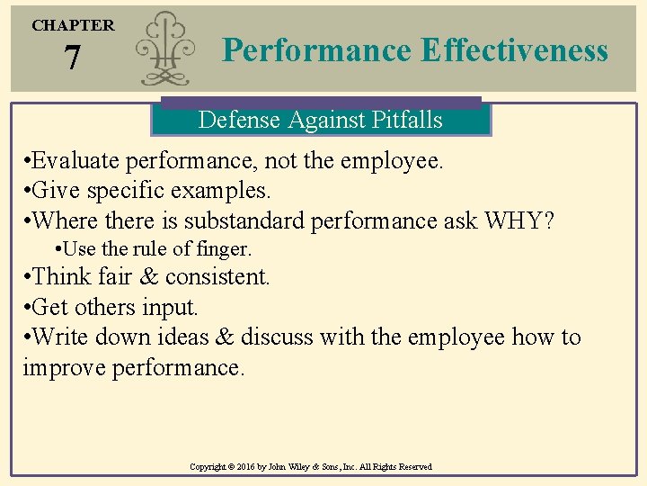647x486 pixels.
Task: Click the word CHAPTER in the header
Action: coord(74,25)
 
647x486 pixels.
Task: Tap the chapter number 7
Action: coord(72,59)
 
